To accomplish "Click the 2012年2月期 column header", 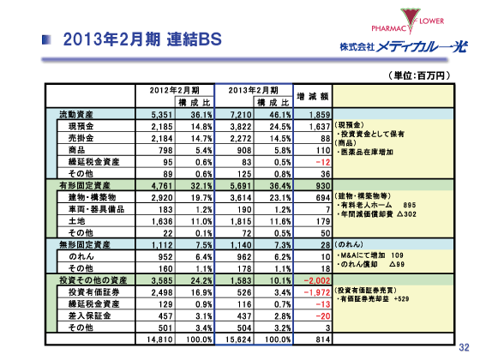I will (x=175, y=89).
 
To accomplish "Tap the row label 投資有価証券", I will (x=91, y=291).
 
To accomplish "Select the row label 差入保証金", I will (x=87, y=315).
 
